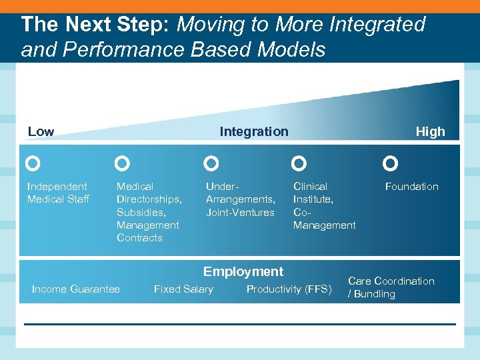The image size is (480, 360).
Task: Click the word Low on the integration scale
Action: (x=41, y=132)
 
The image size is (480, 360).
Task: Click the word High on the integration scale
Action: (x=430, y=132)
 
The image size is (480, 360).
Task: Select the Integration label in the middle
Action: (x=254, y=132)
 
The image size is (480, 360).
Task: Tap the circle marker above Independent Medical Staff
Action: (x=33, y=163)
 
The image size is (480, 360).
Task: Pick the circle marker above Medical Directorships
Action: (x=122, y=163)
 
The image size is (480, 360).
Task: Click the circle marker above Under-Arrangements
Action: (x=211, y=163)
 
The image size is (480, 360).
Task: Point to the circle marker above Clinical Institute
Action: (x=299, y=163)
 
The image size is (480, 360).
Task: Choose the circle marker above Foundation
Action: (x=391, y=163)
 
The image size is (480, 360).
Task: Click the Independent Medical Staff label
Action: (x=57, y=193)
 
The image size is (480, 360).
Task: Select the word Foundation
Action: (x=411, y=187)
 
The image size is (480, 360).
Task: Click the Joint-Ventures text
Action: (x=240, y=212)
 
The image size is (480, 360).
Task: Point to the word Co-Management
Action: (x=324, y=219)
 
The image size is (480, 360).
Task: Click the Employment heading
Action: (x=243, y=271)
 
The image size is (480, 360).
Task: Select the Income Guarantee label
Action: (x=76, y=289)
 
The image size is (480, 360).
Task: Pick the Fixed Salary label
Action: (x=183, y=289)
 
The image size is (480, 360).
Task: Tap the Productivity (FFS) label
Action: (x=289, y=289)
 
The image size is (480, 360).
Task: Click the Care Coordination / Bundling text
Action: (x=391, y=287)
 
